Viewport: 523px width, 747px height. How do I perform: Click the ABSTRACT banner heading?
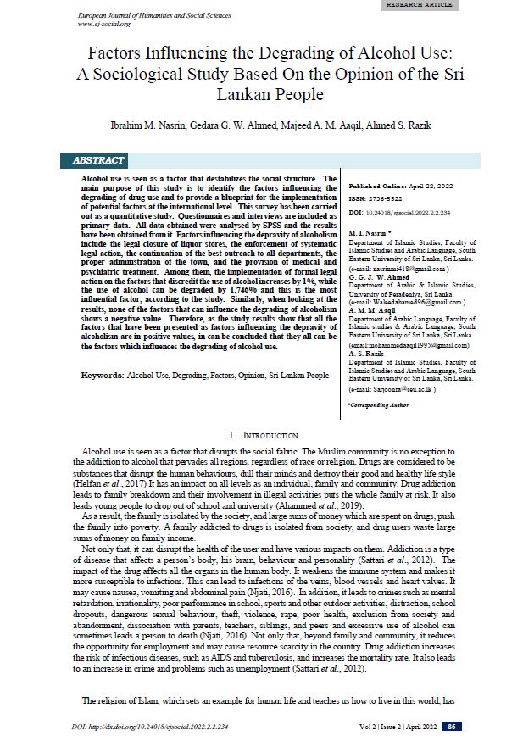coord(98,160)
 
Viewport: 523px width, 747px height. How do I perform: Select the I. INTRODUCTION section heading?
coord(260,434)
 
